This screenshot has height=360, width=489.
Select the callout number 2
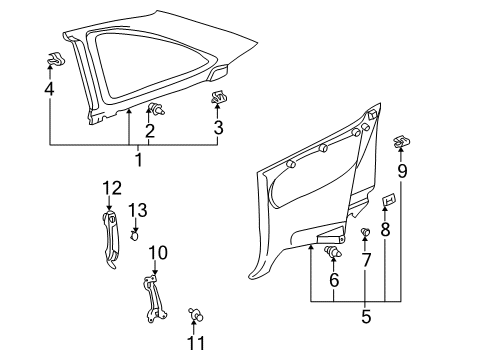point(150,130)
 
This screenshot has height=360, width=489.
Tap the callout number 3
point(217,126)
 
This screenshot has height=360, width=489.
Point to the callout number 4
point(49,89)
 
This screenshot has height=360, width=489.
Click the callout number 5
point(365,317)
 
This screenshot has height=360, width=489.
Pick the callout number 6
point(333,282)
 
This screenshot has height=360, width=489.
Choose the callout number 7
point(366,261)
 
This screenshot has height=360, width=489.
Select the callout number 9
point(402,171)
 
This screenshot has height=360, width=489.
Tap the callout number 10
point(156,252)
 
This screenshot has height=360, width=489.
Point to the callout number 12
point(112,187)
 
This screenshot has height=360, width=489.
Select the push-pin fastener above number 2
point(155,108)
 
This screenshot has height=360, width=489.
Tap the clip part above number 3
point(217,98)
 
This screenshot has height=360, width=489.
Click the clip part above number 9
point(401,141)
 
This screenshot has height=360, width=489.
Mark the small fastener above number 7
point(366,234)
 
